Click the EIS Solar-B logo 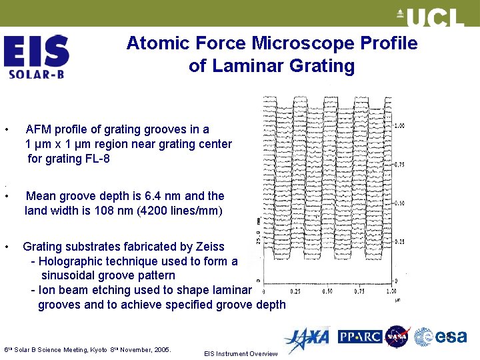click(x=36, y=57)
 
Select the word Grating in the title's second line click(x=323, y=66)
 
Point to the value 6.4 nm click(x=153, y=196)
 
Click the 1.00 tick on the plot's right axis click(x=399, y=126)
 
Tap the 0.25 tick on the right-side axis click(x=399, y=241)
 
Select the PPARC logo click(x=360, y=337)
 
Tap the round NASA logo click(x=397, y=337)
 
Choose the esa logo click(x=441, y=337)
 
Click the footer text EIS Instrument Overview click(x=241, y=353)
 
